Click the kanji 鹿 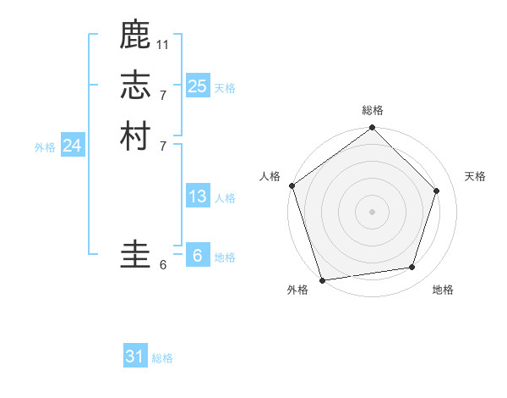[x=135, y=36]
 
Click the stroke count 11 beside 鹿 [x=163, y=43]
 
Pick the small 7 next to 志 [x=163, y=94]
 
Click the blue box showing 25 [x=197, y=86]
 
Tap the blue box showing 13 [x=197, y=196]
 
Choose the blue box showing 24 [x=72, y=146]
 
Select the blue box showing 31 [x=135, y=357]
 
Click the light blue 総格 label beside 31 [x=162, y=358]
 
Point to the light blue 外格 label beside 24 [x=45, y=147]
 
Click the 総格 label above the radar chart [x=373, y=110]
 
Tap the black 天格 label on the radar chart [x=476, y=176]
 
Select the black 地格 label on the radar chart [x=443, y=290]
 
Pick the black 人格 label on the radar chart [x=270, y=176]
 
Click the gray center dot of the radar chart [x=373, y=211]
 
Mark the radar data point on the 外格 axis [x=322, y=279]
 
